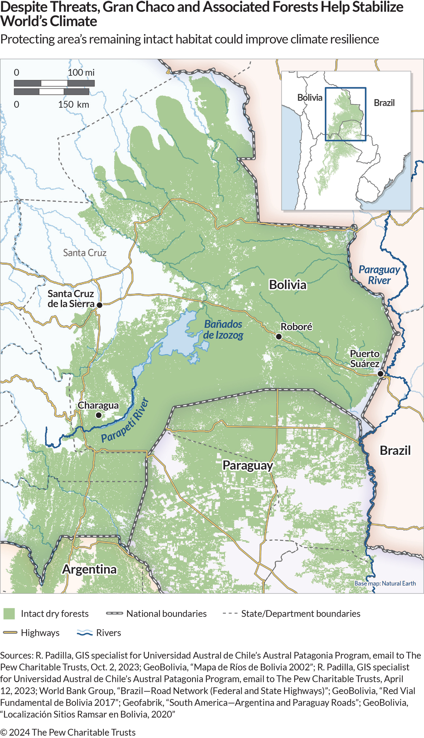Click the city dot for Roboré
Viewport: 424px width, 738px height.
pos(279,336)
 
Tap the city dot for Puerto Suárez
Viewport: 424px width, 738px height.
pos(380,374)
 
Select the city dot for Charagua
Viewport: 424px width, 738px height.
pos(98,415)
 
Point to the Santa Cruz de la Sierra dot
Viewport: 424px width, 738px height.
pos(100,305)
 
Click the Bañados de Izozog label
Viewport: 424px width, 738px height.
pos(223,330)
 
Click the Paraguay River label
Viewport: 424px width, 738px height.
pos(379,275)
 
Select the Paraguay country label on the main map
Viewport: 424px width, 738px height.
pos(248,465)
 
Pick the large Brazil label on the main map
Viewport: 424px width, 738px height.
pos(395,450)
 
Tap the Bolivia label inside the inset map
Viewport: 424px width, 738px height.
pos(310,98)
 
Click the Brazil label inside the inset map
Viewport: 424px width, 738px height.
pos(384,103)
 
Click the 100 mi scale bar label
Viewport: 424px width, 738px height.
pos(81,72)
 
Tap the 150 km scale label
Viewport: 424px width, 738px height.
pos(73,104)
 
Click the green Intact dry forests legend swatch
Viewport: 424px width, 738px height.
pos(9,613)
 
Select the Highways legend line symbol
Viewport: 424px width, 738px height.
pos(10,633)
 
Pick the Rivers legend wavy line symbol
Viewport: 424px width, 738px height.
pos(84,633)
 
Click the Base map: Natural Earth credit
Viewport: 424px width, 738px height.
pos(385,583)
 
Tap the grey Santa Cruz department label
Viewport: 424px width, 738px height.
pos(84,253)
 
